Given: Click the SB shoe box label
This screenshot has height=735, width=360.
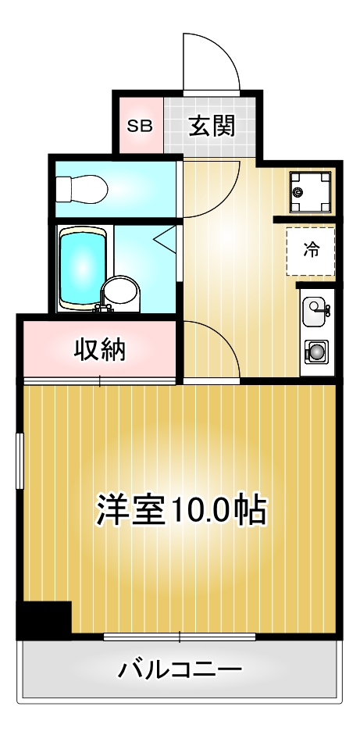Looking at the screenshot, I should (x=140, y=126).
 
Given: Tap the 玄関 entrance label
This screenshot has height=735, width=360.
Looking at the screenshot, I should (x=211, y=125).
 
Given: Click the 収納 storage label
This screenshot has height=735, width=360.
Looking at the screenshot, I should (x=99, y=351).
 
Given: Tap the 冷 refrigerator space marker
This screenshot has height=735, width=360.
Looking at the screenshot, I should (x=312, y=250).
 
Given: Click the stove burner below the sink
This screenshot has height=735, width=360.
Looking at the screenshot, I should (x=315, y=352).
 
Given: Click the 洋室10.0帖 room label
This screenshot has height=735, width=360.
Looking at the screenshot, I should (x=182, y=511).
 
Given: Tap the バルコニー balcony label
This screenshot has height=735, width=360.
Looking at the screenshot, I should (x=180, y=669).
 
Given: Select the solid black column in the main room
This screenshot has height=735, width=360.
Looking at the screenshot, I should (x=45, y=620).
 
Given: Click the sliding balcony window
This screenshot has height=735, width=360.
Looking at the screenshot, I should (x=180, y=637).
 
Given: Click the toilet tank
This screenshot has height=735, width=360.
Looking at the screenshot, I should (x=63, y=188).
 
